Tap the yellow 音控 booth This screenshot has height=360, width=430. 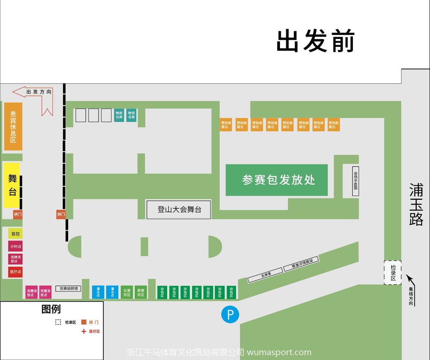pyautogui.click(x=15, y=234)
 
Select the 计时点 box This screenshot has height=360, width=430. pyautogui.click(x=15, y=246)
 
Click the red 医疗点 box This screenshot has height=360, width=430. pyautogui.click(x=15, y=272)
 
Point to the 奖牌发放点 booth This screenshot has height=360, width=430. pyautogui.click(x=15, y=259)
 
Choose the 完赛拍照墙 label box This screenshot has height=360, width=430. pyautogui.click(x=69, y=289)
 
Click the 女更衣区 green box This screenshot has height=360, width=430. pyautogui.click(x=127, y=292)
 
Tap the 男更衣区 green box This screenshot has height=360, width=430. pyautogui.click(x=141, y=292)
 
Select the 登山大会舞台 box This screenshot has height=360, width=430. pyautogui.click(x=179, y=210)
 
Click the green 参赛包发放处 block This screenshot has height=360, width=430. pyautogui.click(x=276, y=180)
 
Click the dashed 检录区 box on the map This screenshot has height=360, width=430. pyautogui.click(x=393, y=272)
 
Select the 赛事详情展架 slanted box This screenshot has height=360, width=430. pyautogui.click(x=301, y=265)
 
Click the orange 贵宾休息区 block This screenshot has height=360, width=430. pyautogui.click(x=13, y=127)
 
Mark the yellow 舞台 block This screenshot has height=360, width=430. pyautogui.click(x=12, y=185)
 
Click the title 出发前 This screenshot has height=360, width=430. pyautogui.click(x=315, y=41)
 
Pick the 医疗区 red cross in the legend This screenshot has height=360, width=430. pyautogui.click(x=83, y=331)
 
